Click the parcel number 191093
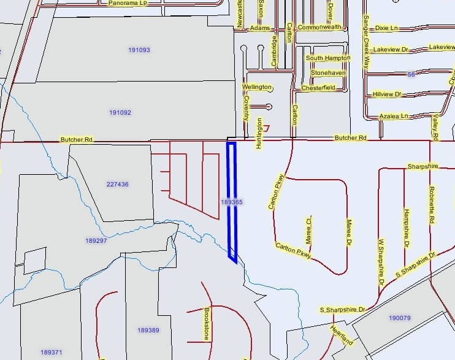pyautogui.click(x=139, y=50)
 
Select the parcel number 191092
pyautogui.click(x=121, y=113)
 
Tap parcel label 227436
pyautogui.click(x=117, y=184)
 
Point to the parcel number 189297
pyautogui.click(x=96, y=240)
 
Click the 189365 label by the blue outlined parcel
pyautogui.click(x=232, y=202)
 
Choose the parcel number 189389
pyautogui.click(x=148, y=331)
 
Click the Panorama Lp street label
pyautogui.click(x=128, y=3)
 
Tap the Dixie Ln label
pyautogui.click(x=386, y=28)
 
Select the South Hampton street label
pyautogui.click(x=328, y=58)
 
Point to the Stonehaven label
pyautogui.click(x=328, y=73)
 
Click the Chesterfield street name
pyautogui.click(x=318, y=88)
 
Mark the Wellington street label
pyautogui.click(x=256, y=87)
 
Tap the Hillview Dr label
pyautogui.click(x=386, y=94)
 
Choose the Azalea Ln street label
pyautogui.click(x=394, y=116)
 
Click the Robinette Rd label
pyautogui.click(x=432, y=205)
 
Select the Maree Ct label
pyautogui.click(x=310, y=229)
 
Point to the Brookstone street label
pyautogui.click(x=207, y=324)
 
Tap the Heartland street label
pyautogui.click(x=342, y=335)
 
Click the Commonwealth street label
pyautogui.click(x=319, y=28)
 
